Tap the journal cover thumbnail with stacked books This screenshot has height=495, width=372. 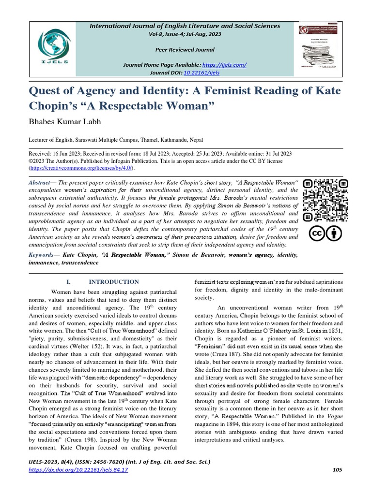(x=320, y=48)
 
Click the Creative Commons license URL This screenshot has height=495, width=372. (x=82, y=168)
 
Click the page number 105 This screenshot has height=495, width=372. (x=338, y=470)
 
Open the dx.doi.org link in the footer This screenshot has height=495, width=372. (x=78, y=470)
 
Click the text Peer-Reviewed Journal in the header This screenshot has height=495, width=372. (x=185, y=50)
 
